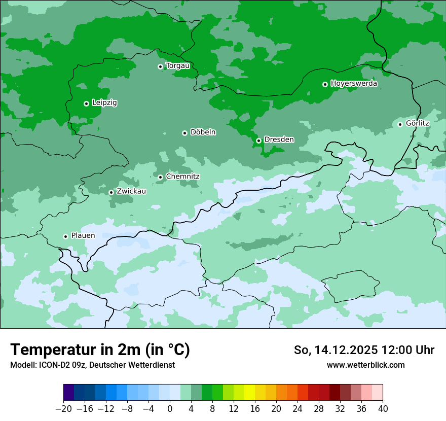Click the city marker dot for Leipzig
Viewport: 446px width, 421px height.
pyautogui.click(x=86, y=103)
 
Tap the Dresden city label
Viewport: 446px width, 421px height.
pyautogui.click(x=279, y=139)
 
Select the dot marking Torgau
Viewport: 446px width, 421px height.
pyautogui.click(x=160, y=66)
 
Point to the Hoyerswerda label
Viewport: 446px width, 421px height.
pyautogui.click(x=354, y=84)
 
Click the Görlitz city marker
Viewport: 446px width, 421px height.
pyautogui.click(x=400, y=124)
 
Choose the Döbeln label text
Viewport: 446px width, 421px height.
pyautogui.click(x=203, y=132)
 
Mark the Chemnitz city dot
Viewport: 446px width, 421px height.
pyautogui.click(x=160, y=177)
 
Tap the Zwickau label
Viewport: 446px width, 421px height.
pyautogui.click(x=131, y=191)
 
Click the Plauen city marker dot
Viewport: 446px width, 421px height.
pyautogui.click(x=65, y=236)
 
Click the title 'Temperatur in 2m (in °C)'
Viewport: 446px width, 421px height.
pyautogui.click(x=100, y=350)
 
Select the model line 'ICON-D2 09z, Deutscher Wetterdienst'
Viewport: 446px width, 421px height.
pyautogui.click(x=92, y=365)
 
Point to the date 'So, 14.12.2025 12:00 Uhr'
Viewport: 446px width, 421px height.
pyautogui.click(x=364, y=350)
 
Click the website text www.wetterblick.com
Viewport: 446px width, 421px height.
pyautogui.click(x=365, y=365)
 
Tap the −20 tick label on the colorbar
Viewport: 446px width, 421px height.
pyautogui.click(x=63, y=409)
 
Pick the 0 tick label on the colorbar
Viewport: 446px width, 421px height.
pyautogui.click(x=170, y=409)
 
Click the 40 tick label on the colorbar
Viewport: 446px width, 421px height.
pyautogui.click(x=383, y=409)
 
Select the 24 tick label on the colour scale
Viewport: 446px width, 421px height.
pyautogui.click(x=298, y=409)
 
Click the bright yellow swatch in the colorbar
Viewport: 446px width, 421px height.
pyautogui.click(x=249, y=393)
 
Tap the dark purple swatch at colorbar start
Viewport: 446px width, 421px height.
pyautogui.click(x=69, y=393)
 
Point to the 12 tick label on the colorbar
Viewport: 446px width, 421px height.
pyautogui.click(x=234, y=409)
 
